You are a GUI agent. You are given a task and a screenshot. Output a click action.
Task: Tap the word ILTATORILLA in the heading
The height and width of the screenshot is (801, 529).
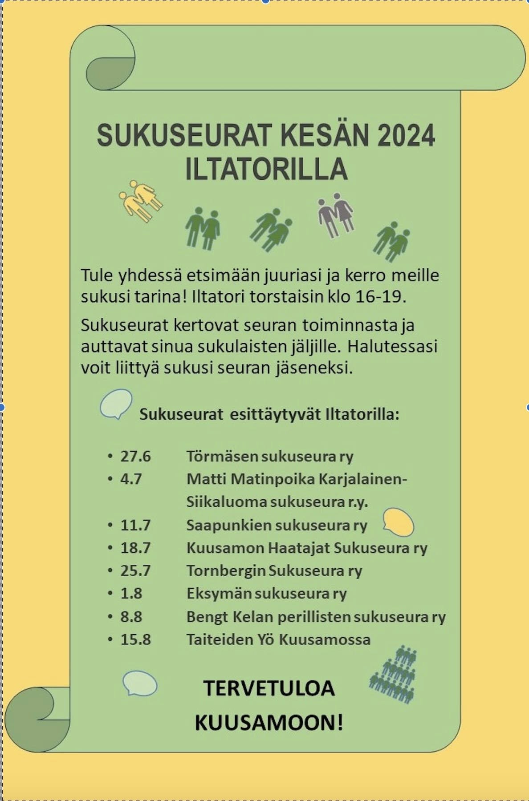click(x=266, y=169)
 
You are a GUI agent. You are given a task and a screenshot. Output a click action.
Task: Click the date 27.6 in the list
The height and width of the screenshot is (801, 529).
click(x=135, y=456)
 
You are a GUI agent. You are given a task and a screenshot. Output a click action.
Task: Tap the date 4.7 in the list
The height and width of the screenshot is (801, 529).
click(x=131, y=479)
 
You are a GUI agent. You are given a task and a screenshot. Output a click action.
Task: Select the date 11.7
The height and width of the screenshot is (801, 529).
click(x=135, y=525)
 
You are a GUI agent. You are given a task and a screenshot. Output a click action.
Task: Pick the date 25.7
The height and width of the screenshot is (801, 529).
click(x=135, y=570)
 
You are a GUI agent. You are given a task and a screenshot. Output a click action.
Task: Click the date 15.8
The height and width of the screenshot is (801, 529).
click(x=135, y=639)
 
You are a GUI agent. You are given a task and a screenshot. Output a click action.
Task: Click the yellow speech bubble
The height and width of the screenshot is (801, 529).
click(x=398, y=522)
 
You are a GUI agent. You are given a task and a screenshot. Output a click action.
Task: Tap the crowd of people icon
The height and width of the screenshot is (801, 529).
click(x=393, y=675)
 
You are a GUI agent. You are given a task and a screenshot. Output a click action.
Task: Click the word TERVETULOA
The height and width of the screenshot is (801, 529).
click(x=269, y=688)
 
